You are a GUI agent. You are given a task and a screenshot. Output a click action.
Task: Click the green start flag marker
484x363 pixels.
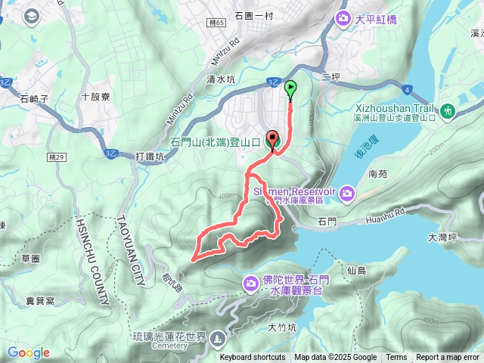[290, 89]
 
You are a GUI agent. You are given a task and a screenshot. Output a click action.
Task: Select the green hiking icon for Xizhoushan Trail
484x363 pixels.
[448, 112]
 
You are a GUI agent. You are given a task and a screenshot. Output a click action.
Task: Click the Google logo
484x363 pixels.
[29, 353]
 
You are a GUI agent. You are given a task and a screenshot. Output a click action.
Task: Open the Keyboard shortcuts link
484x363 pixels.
[253, 358]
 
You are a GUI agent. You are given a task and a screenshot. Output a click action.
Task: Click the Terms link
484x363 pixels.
[396, 358]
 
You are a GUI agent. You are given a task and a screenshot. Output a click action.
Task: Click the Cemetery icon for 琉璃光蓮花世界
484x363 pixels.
[219, 337]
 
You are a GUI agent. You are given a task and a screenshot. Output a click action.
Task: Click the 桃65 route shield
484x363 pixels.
[218, 23]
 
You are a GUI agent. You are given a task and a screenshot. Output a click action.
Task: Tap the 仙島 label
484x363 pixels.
[356, 270]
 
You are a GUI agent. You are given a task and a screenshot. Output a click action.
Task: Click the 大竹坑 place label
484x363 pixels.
[283, 327]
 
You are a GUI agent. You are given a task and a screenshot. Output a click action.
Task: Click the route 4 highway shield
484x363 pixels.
[408, 90]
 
